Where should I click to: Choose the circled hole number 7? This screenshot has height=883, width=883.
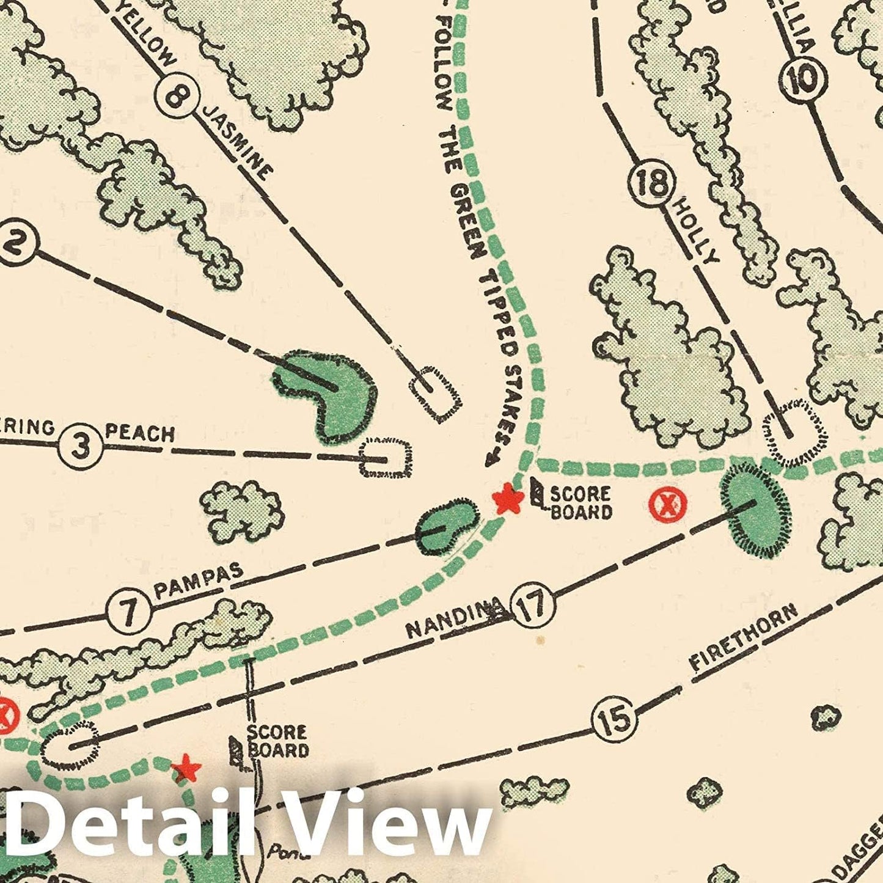tap(129, 611)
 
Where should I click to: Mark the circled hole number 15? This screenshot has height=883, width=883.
tap(614, 718)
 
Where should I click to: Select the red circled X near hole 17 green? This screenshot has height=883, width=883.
tap(667, 504)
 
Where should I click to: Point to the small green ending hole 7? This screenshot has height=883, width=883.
tap(446, 526)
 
